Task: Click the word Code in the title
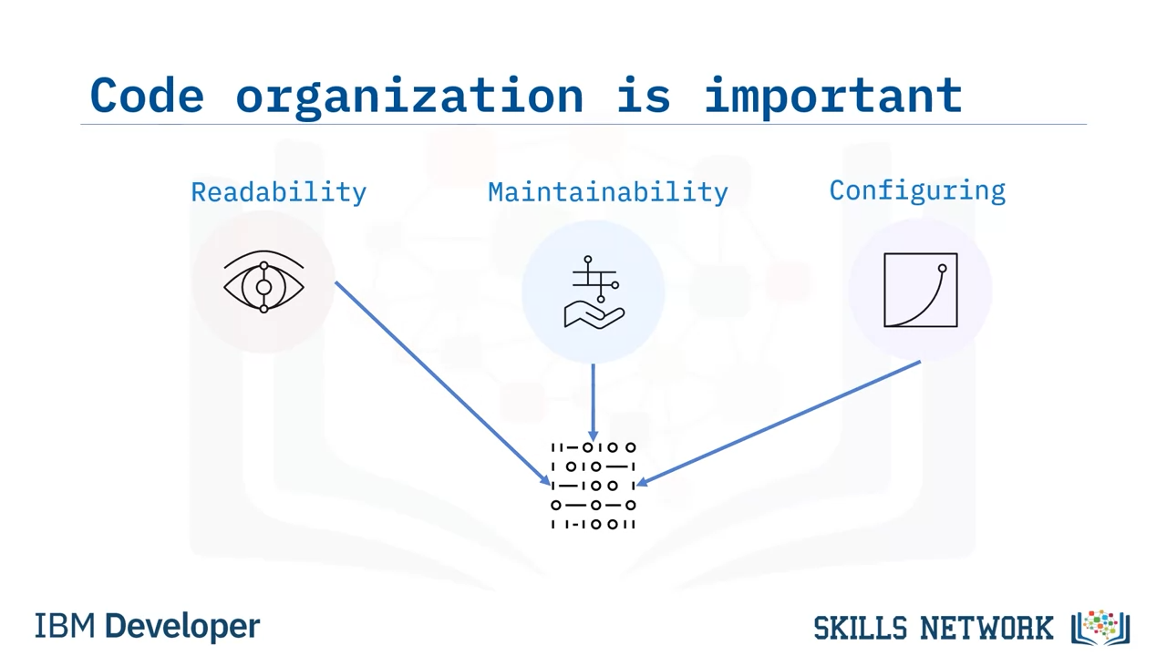click(147, 95)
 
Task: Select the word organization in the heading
click(410, 97)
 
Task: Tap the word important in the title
click(833, 97)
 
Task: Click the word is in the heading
click(644, 95)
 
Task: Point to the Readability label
click(279, 192)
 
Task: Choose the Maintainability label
click(608, 192)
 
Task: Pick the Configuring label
click(917, 191)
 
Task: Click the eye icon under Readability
click(263, 282)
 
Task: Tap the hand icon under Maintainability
click(594, 292)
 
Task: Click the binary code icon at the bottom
click(594, 486)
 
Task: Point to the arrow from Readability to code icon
click(443, 384)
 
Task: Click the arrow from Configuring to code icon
click(779, 424)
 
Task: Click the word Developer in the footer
click(182, 627)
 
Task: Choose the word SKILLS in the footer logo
click(861, 628)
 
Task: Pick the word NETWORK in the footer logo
click(986, 628)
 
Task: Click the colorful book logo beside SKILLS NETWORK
click(1100, 628)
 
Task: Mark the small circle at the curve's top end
click(943, 269)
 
